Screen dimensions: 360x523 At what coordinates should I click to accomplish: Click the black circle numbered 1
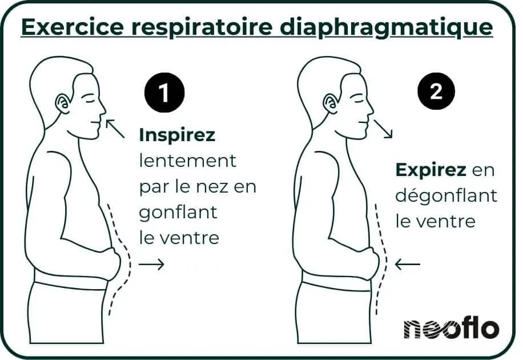tap(164, 93)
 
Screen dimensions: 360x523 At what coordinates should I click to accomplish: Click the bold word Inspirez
tap(177, 135)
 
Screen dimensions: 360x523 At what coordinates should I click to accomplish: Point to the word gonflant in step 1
tap(178, 212)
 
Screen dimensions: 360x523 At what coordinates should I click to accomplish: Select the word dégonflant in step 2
tap(446, 196)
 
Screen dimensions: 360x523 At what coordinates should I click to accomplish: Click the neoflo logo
tap(451, 328)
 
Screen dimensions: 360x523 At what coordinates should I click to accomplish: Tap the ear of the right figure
tap(329, 104)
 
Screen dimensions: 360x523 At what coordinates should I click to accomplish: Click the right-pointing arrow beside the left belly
tap(151, 264)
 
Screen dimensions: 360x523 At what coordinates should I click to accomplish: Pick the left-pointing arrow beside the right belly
tap(408, 264)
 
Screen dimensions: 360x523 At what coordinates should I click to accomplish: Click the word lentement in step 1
tap(187, 161)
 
